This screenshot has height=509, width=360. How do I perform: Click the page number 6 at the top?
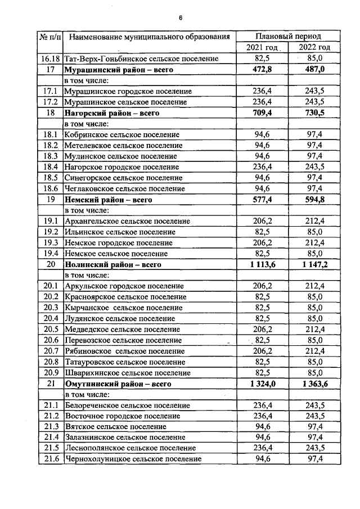[x=181, y=17]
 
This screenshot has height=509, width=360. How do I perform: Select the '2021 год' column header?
[x=262, y=47]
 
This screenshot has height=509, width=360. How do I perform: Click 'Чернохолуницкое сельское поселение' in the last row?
[x=133, y=460]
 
